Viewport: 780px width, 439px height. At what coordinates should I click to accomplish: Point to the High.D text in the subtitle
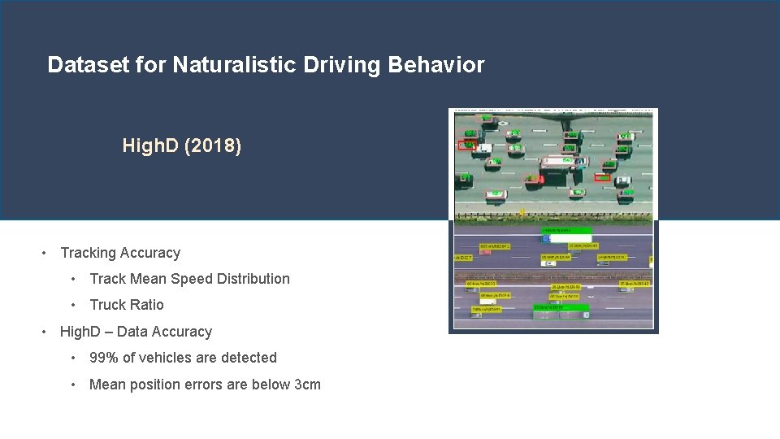[x=151, y=146]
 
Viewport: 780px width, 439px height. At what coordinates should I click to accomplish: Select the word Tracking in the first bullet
[x=90, y=253]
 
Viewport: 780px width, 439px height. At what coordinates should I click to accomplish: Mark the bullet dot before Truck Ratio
[x=74, y=305]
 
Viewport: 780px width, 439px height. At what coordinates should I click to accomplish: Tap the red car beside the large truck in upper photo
[x=533, y=179]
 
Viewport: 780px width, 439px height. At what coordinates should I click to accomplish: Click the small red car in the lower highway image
[x=485, y=252]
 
